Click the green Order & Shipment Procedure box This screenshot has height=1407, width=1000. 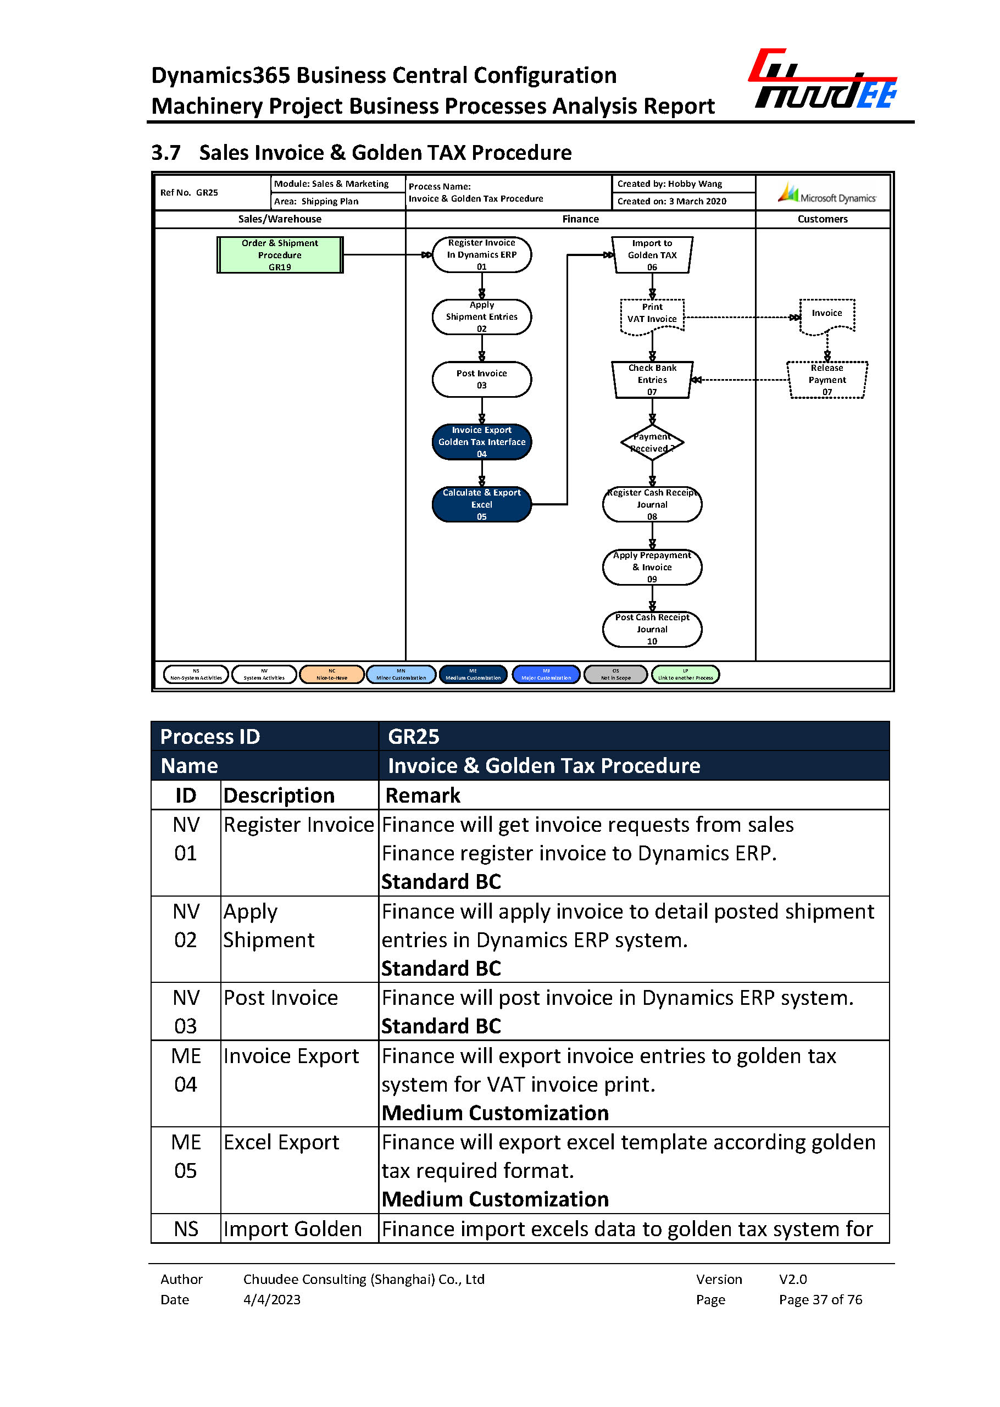tap(280, 255)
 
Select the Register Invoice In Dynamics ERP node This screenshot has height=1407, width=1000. tap(481, 255)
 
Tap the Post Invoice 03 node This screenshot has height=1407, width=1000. tap(481, 379)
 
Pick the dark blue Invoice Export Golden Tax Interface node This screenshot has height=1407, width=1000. tap(481, 442)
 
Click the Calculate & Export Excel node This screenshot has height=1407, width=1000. tap(481, 504)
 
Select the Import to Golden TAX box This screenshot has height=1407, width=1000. tap(652, 255)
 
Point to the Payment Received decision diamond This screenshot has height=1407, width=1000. tap(652, 443)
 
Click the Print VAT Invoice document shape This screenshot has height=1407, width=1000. tap(652, 316)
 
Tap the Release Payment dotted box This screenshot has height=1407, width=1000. tap(827, 380)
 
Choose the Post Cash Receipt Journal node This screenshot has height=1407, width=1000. tap(652, 629)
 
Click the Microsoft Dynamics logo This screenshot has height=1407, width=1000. tap(826, 194)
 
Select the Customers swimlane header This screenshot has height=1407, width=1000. tap(823, 219)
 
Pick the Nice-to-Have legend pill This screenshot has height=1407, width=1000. tap(332, 675)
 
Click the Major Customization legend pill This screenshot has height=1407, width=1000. tap(546, 675)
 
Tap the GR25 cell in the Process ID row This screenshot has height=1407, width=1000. tap(414, 736)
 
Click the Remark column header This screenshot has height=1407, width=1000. tap(423, 796)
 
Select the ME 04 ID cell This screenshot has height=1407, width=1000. tap(186, 1070)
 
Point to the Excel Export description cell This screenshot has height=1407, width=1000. tap(281, 1143)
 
